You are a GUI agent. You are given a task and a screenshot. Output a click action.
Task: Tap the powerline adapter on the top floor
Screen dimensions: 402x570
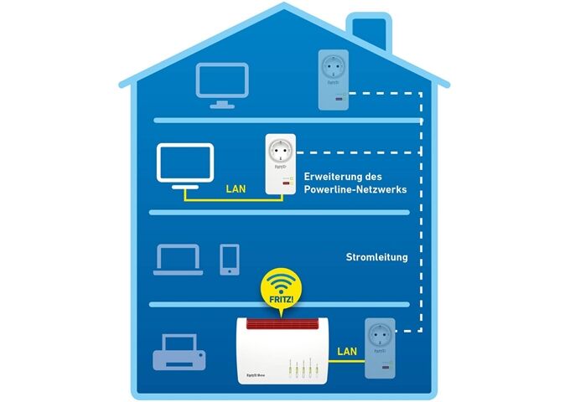(x=333, y=79)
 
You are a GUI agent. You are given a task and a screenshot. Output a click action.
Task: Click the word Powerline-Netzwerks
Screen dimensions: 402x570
(x=355, y=190)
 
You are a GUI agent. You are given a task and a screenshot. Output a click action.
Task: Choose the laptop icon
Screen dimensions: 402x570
(x=179, y=259)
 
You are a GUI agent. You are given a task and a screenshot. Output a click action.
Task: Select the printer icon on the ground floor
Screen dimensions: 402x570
(x=179, y=353)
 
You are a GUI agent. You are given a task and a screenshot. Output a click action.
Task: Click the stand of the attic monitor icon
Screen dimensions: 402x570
(x=222, y=103)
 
